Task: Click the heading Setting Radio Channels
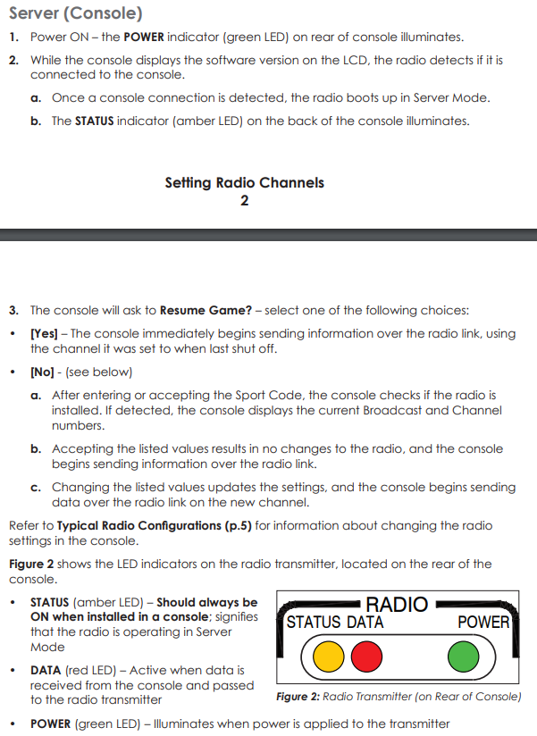tap(244, 183)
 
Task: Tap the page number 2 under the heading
tap(244, 201)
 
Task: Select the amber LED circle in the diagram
tap(330, 658)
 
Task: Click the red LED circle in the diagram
tap(365, 658)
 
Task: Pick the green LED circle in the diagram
tap(464, 658)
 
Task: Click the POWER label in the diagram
tap(482, 623)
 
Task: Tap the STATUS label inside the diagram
tap(317, 623)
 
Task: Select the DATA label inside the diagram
tap(366, 623)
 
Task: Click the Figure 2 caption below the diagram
tap(399, 697)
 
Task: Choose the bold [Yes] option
tap(45, 333)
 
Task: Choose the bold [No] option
tap(43, 372)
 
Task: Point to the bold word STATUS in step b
tap(94, 121)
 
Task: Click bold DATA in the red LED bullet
tap(46, 669)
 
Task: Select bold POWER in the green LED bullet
tap(51, 723)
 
